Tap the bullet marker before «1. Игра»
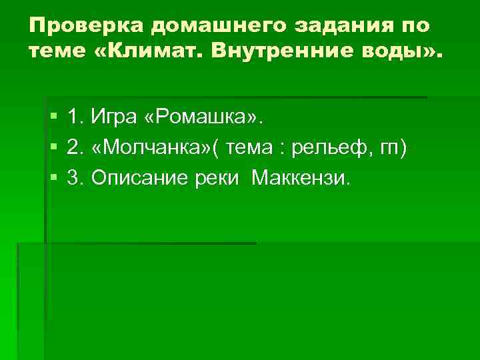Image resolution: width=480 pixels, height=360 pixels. (x=53, y=118)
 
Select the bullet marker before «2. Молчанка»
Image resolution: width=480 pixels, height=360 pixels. (x=53, y=148)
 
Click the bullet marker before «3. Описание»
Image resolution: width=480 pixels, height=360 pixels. (x=53, y=178)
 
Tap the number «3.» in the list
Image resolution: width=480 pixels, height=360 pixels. (x=75, y=178)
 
